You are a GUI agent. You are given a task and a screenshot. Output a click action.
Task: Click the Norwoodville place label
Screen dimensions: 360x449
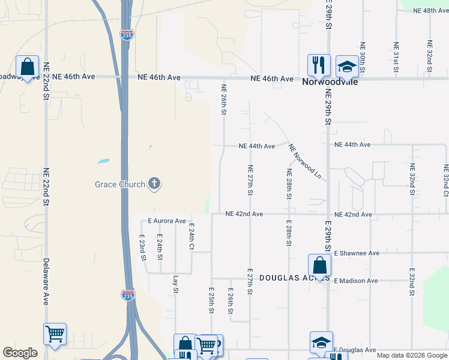pos(330,82)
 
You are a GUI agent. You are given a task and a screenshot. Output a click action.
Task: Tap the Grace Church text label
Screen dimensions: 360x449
pos(120,184)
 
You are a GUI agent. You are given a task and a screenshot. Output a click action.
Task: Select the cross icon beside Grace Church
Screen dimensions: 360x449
pos(154,184)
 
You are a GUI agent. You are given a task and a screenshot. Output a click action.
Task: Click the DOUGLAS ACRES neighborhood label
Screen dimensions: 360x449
pos(294,278)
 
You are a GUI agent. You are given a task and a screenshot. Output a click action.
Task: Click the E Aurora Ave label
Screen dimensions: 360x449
pos(167,221)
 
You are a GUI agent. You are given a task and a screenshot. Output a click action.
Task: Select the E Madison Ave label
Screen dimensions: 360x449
pos(356,280)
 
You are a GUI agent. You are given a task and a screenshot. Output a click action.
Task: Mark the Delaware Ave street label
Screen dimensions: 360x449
pos(46,282)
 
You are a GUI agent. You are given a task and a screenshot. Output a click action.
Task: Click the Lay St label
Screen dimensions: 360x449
pos(176,284)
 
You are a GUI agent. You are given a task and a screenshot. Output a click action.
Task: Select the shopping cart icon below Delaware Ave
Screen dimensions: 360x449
pos(55,333)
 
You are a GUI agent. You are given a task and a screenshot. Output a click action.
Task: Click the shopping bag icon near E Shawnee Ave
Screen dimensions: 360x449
pos(320,265)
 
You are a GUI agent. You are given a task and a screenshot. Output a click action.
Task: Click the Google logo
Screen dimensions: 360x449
pos(20,353)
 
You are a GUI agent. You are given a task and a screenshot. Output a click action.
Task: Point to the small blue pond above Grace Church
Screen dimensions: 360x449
pos(103,161)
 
